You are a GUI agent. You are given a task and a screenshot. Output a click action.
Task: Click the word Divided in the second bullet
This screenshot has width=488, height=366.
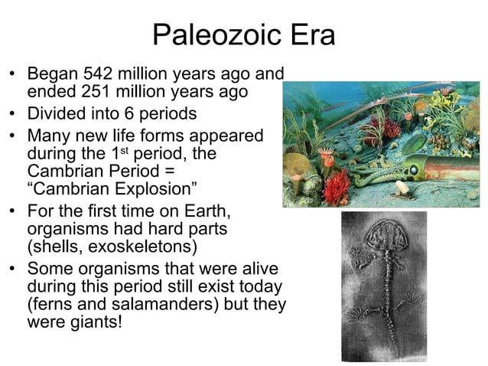click(x=54, y=115)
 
